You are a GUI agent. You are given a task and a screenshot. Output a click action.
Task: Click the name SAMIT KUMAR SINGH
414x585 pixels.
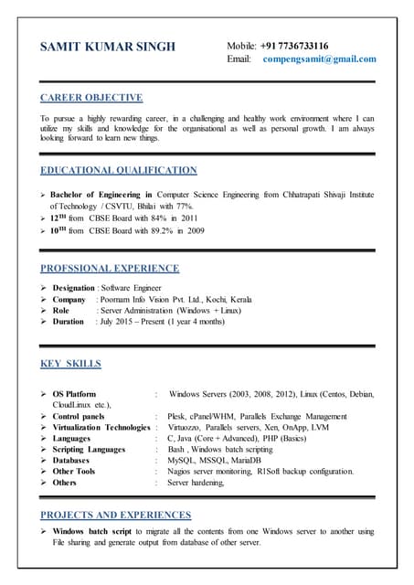(x=108, y=48)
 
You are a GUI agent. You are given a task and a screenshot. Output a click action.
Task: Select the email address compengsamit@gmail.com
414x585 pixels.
(x=319, y=59)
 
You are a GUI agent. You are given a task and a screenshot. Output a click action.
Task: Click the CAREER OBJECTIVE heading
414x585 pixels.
(x=91, y=98)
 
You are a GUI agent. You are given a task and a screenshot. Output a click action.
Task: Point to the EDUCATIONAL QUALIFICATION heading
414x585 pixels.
(x=119, y=170)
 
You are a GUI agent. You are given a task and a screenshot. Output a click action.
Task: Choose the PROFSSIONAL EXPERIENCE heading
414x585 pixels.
(x=110, y=269)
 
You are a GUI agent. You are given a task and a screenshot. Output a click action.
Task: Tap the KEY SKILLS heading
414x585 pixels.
(x=71, y=365)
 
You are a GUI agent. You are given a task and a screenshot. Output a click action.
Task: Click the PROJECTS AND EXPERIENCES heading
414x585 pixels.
(x=116, y=516)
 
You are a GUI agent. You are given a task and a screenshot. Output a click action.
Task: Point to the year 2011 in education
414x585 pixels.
(x=188, y=218)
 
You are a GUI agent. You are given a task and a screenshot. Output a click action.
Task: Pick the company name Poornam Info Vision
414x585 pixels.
(x=146, y=299)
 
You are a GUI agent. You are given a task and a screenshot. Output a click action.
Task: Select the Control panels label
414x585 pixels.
(x=85, y=417)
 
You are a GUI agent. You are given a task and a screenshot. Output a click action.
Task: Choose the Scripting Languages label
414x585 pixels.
(x=89, y=450)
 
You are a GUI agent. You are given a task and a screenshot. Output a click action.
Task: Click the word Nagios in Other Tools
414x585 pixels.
(x=181, y=472)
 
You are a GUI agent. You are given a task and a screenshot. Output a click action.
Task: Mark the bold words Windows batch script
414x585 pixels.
(x=98, y=532)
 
